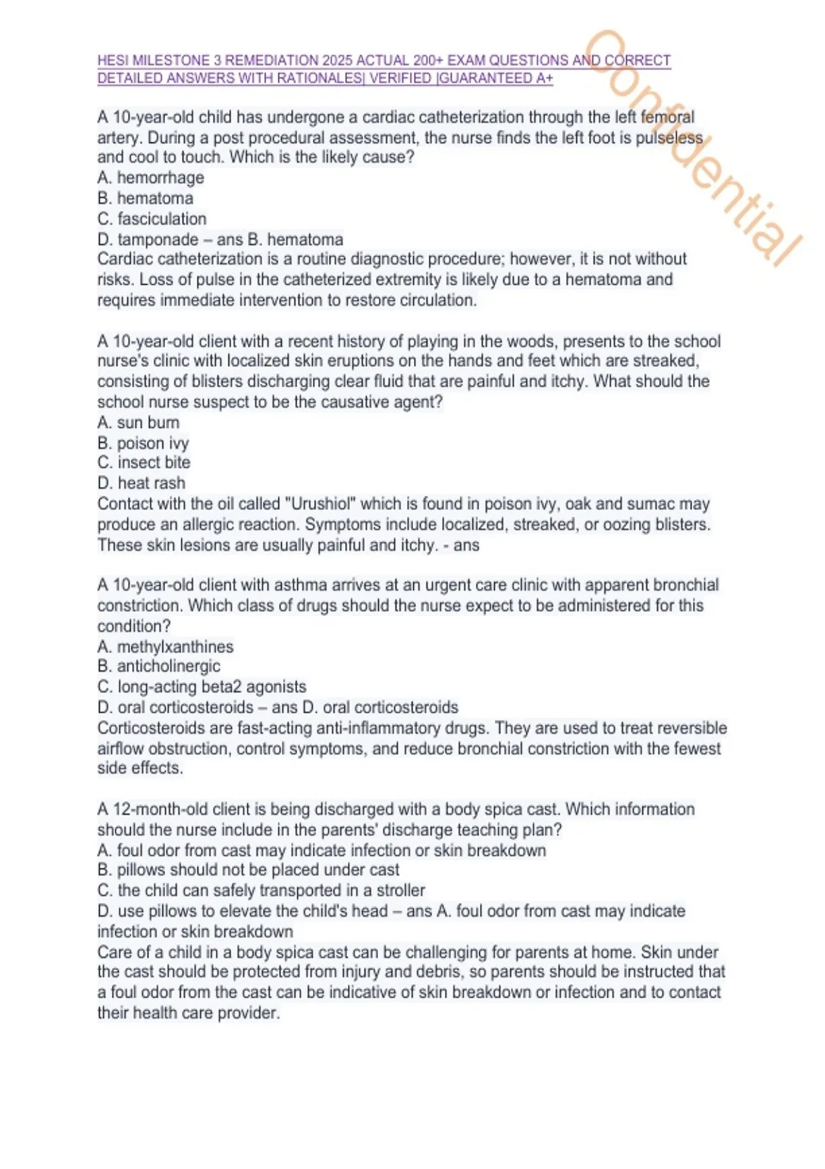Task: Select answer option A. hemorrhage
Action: (151, 177)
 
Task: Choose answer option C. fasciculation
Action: (152, 219)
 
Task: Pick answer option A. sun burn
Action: (138, 422)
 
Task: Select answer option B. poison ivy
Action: (143, 443)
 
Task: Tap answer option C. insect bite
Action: (144, 463)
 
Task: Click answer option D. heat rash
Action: (141, 483)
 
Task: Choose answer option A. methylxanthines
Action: (165, 646)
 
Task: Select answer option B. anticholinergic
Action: (159, 666)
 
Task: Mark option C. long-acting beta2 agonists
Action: (201, 687)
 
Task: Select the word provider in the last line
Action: (248, 1013)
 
